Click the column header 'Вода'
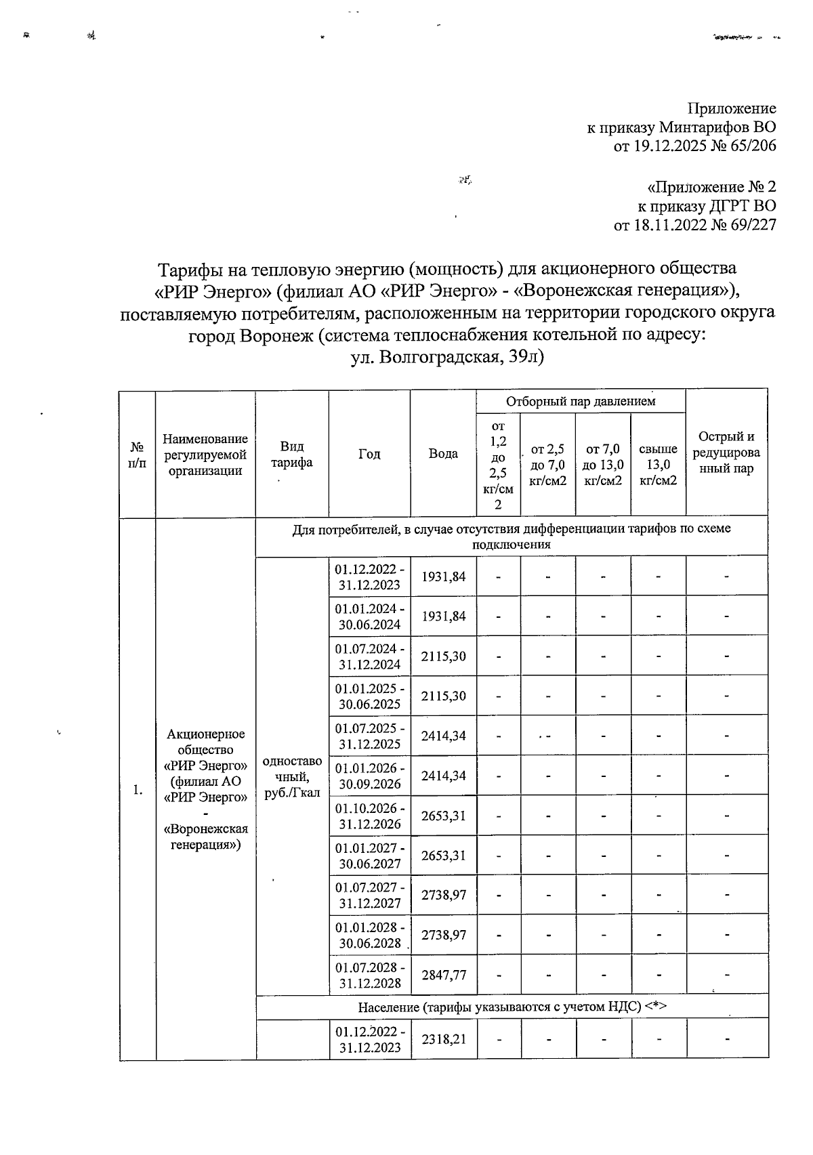coord(443,454)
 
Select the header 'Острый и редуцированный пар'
coord(726,453)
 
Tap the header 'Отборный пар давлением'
coord(581,401)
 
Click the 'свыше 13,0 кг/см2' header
coord(658,465)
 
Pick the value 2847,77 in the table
coord(443,974)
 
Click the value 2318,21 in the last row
coord(443,1038)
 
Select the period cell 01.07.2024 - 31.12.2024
coord(369,656)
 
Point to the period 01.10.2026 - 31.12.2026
coord(369,815)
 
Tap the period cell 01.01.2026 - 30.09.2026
coord(369,776)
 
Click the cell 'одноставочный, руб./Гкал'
coord(292,776)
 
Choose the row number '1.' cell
coord(138,790)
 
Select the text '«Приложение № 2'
coord(711,187)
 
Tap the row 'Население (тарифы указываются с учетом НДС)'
coord(512,1006)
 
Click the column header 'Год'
coord(369,454)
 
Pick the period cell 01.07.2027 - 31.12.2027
coord(369,895)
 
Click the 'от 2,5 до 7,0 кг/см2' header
coord(547,465)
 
